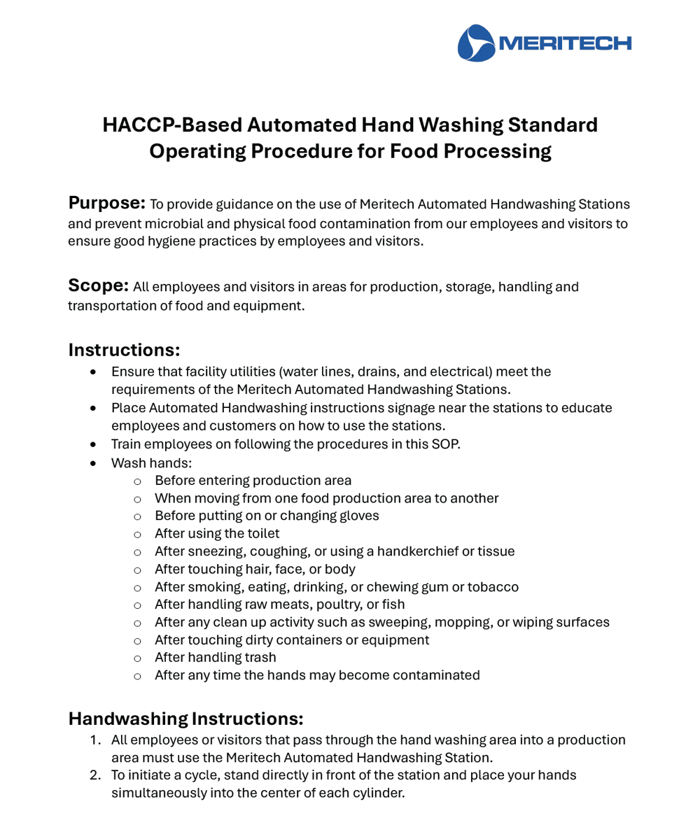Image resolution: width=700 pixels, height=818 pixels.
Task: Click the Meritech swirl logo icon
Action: (476, 43)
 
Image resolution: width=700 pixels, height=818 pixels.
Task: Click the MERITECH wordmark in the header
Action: (566, 43)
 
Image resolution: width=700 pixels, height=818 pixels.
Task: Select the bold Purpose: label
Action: (106, 204)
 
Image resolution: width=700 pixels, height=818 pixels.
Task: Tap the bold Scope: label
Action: (98, 285)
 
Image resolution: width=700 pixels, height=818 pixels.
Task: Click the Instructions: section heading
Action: (124, 349)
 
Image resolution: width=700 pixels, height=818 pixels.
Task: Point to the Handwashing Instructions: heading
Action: (185, 719)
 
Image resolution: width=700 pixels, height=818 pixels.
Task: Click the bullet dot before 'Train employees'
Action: (94, 444)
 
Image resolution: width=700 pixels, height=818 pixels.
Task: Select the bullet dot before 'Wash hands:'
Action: (94, 463)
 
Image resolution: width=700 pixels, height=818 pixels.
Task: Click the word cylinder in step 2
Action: (379, 794)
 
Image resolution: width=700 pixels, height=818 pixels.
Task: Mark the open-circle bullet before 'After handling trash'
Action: (137, 658)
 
